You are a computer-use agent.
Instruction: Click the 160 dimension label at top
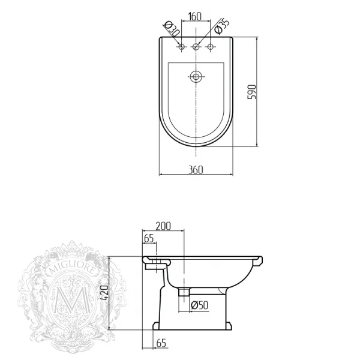(194, 17)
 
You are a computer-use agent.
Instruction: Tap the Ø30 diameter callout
(172, 29)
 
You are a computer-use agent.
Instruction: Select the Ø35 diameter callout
(222, 26)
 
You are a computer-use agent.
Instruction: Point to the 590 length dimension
(251, 92)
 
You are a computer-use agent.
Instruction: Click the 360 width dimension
(196, 170)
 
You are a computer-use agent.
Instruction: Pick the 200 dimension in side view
(163, 226)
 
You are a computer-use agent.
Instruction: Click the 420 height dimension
(104, 293)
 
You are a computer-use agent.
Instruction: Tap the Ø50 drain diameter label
(200, 305)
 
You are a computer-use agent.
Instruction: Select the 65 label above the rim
(149, 239)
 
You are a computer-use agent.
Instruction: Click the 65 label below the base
(161, 343)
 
